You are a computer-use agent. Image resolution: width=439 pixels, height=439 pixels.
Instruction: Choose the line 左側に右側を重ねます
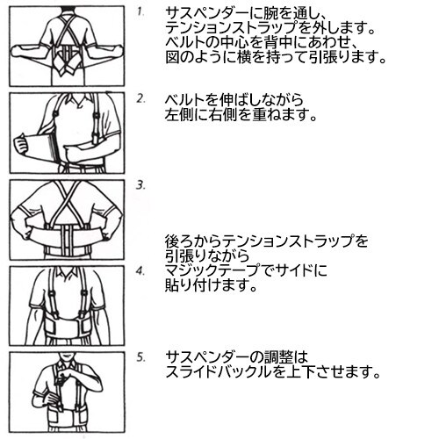(x=242, y=115)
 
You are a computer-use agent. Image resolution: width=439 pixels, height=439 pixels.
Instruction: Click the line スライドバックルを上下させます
(x=273, y=372)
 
